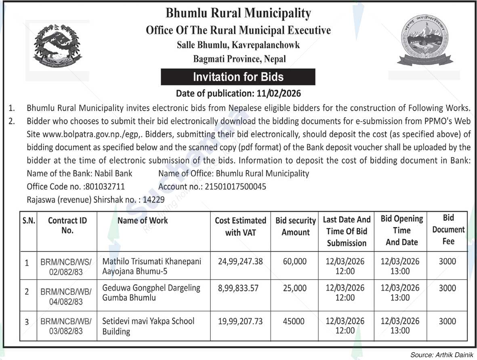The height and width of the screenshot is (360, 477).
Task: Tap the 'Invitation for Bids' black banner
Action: point(238,77)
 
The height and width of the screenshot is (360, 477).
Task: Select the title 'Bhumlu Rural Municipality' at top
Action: point(238,13)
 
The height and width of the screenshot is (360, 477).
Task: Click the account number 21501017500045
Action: point(235,187)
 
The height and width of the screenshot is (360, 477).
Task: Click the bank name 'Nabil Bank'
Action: point(113,174)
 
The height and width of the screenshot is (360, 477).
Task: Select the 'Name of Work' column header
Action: point(143,221)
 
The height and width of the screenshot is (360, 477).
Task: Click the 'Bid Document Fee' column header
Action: point(448,229)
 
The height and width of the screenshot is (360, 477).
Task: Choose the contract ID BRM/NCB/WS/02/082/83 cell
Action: point(67,267)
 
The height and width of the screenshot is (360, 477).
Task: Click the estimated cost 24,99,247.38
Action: point(240,261)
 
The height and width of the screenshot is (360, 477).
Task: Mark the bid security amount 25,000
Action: point(295,288)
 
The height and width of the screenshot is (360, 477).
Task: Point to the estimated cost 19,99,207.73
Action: point(240,321)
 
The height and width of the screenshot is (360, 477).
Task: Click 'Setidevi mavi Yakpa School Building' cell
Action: point(148,326)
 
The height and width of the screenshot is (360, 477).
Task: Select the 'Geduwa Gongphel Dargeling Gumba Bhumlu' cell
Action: point(151,293)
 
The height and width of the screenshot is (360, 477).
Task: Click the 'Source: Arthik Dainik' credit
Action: point(442,355)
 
